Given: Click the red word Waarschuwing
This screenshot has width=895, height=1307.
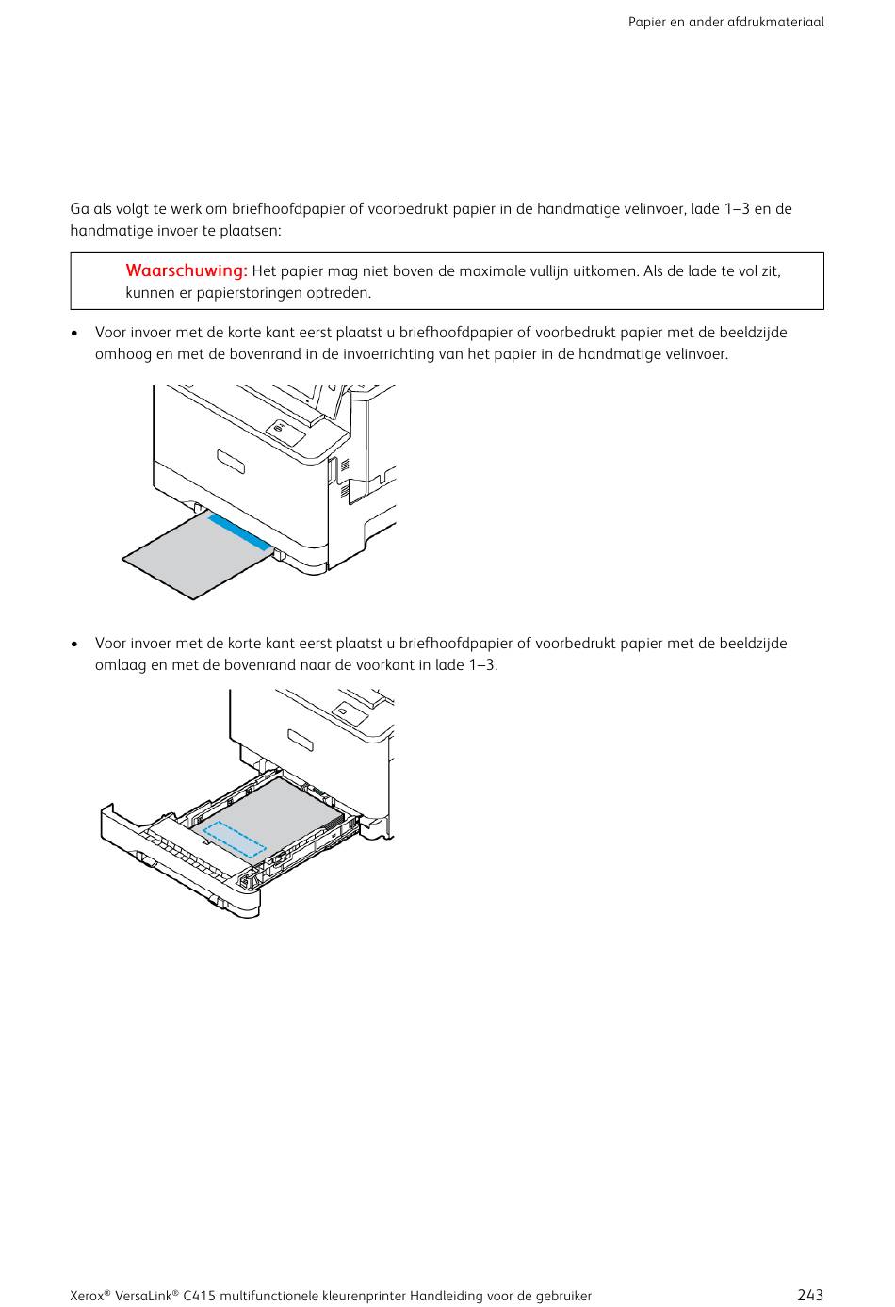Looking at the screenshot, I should [x=186, y=271].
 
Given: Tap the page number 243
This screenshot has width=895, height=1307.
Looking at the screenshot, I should [x=809, y=1295].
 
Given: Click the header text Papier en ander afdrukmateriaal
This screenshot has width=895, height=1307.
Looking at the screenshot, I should [x=725, y=22].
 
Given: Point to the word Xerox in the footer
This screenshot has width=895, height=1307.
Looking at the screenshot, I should [x=88, y=1296].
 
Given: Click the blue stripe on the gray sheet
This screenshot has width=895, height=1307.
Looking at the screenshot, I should [x=239, y=531].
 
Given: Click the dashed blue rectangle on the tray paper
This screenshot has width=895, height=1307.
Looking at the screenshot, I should [x=235, y=838].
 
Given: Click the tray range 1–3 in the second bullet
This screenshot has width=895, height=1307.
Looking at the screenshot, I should [x=480, y=665].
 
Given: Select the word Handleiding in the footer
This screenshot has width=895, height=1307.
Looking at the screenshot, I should [x=445, y=1296].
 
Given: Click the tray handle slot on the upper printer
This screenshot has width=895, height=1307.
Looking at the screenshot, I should [x=231, y=463].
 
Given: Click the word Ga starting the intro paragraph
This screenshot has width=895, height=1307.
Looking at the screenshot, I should [x=79, y=209].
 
